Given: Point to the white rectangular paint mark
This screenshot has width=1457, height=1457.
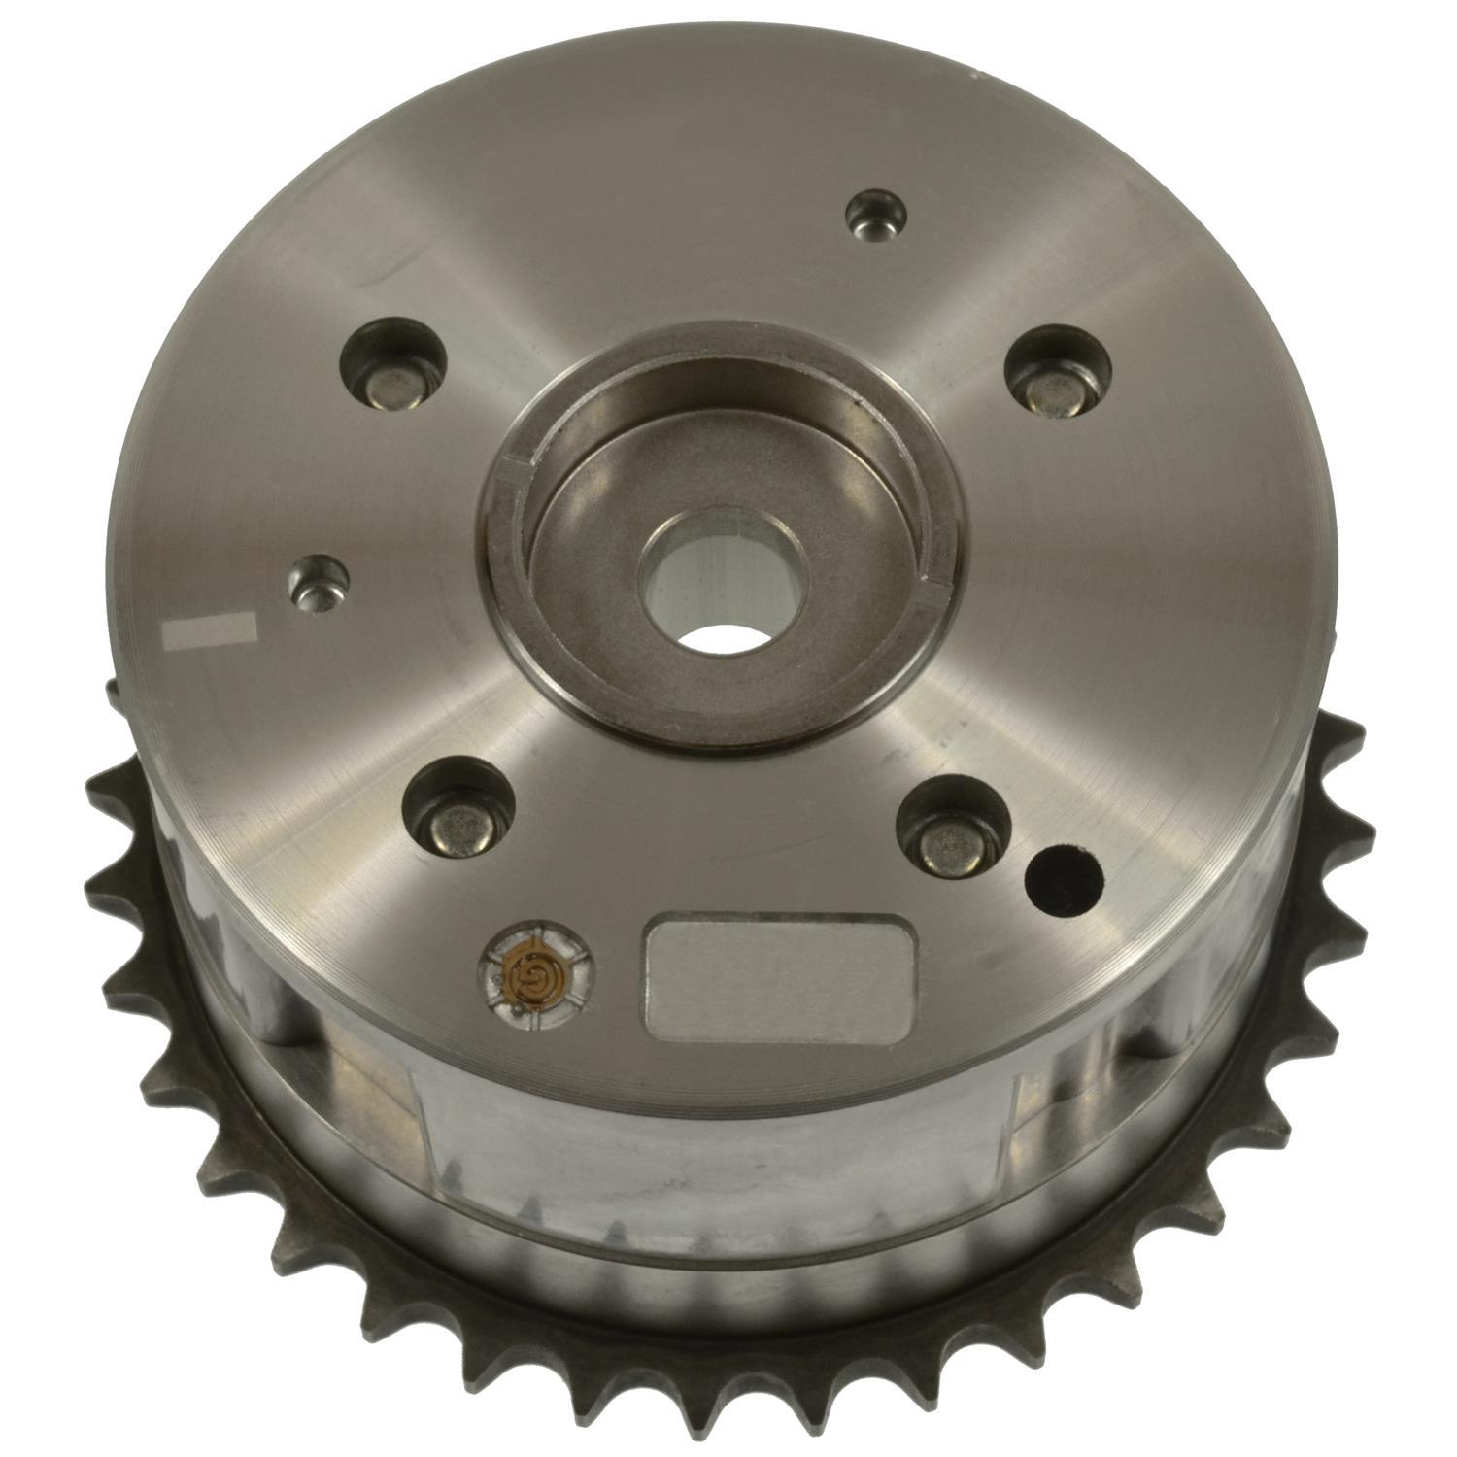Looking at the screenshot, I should [210, 630].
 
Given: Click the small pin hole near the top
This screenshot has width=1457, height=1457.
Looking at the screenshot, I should [875, 213].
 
